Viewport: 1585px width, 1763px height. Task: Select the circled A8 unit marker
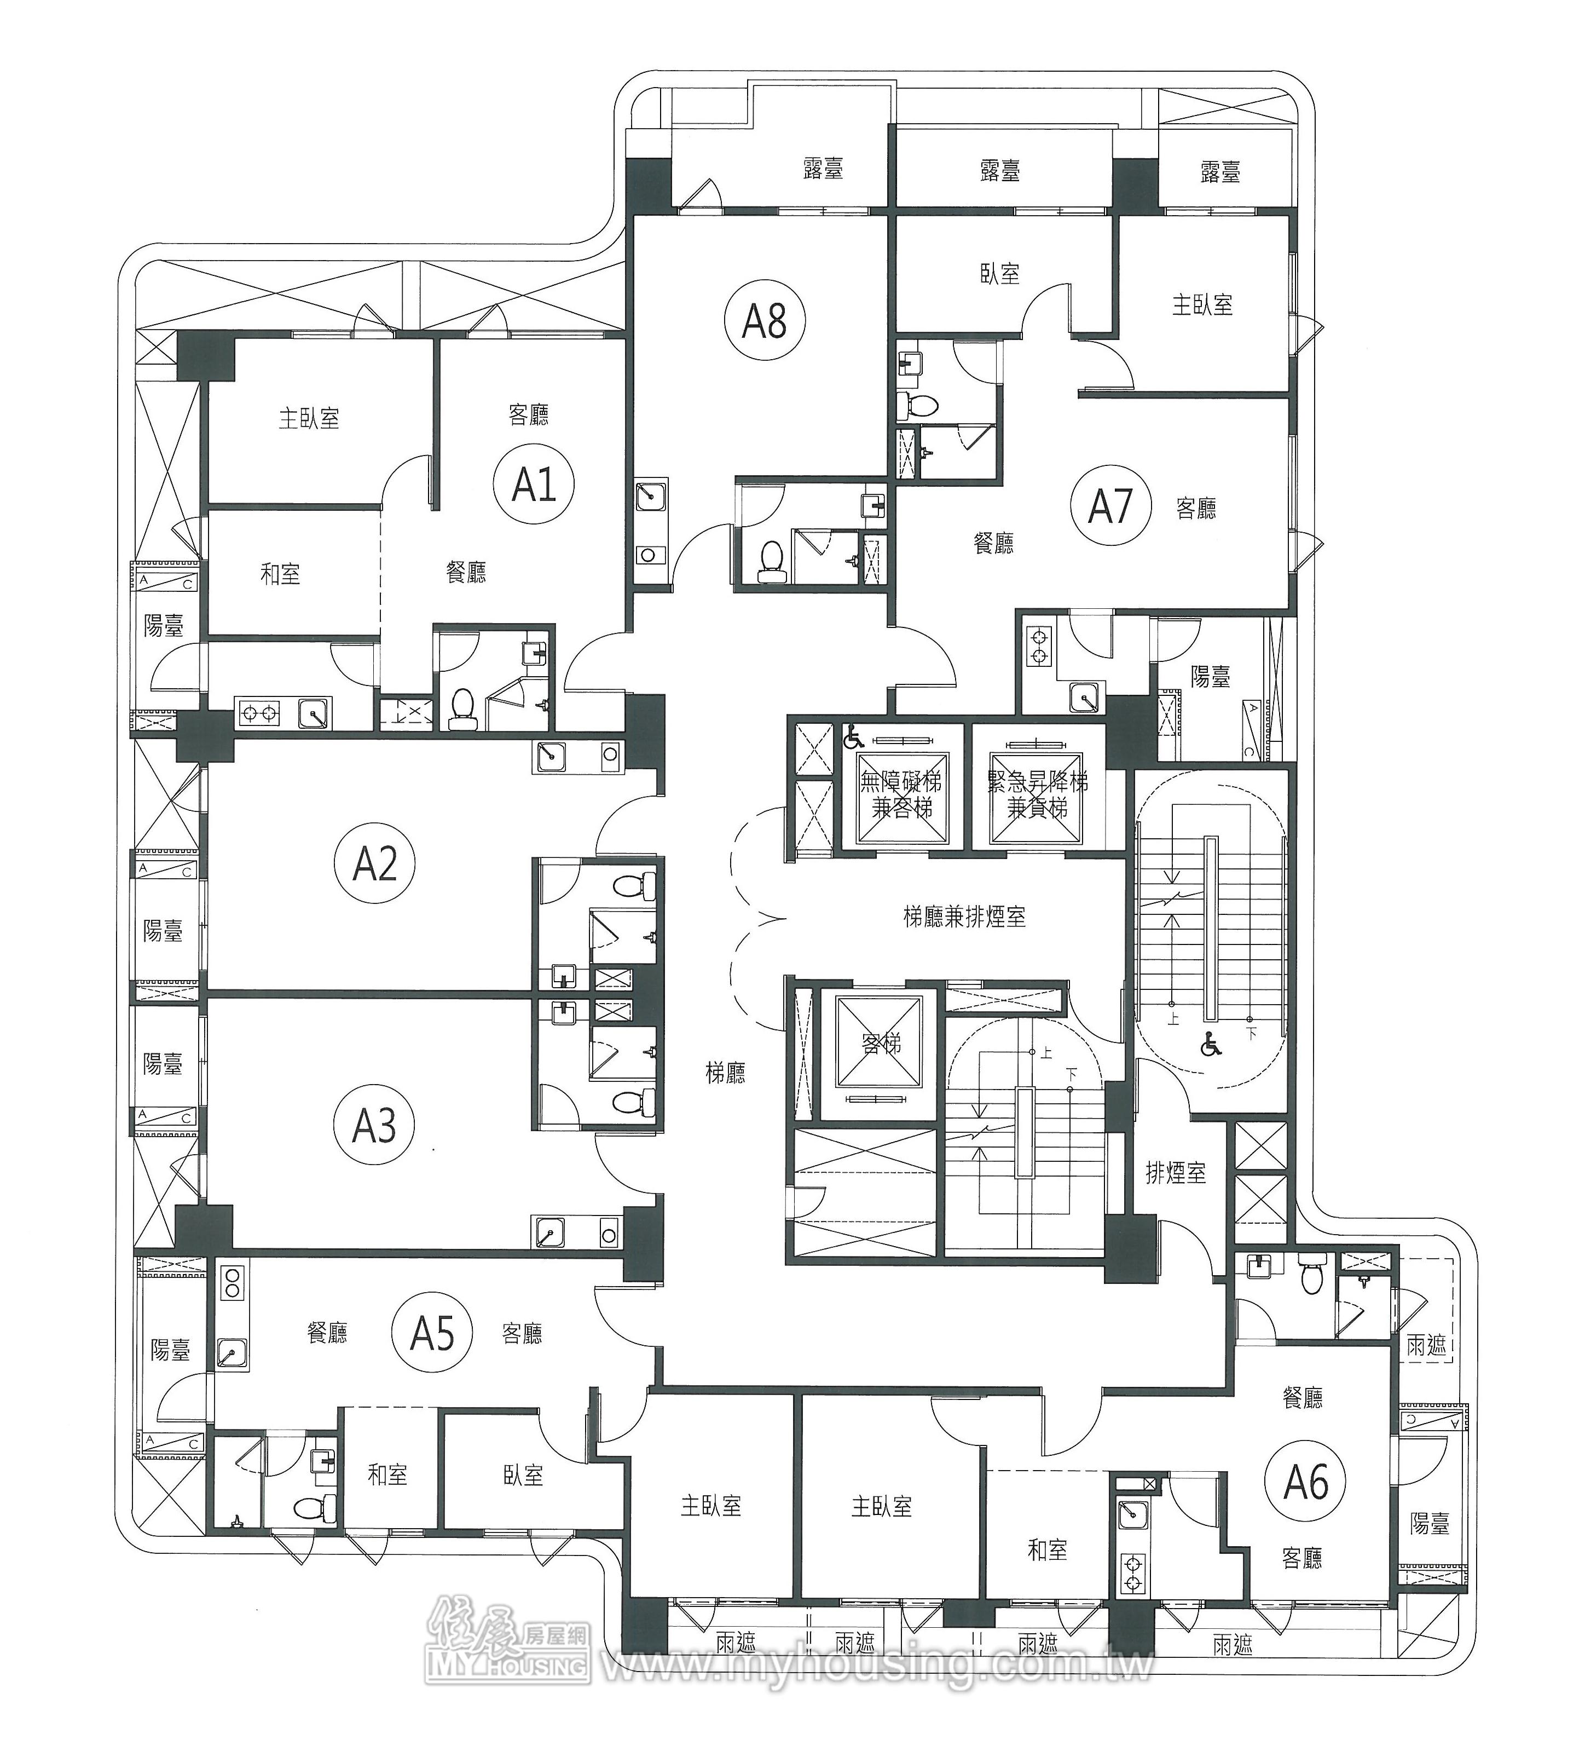[765, 320]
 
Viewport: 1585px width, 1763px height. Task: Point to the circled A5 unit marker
[433, 1333]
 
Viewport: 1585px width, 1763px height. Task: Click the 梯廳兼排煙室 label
[964, 917]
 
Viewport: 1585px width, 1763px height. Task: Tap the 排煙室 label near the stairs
[1176, 1173]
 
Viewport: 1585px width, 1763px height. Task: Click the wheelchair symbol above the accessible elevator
[853, 739]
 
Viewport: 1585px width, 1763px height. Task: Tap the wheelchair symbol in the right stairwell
[1211, 1044]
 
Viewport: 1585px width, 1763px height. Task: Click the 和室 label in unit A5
[387, 1474]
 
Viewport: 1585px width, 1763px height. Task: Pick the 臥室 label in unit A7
[999, 274]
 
